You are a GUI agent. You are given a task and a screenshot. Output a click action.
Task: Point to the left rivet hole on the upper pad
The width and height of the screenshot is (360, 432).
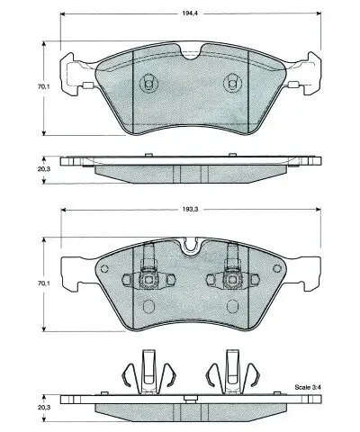(x=147, y=82)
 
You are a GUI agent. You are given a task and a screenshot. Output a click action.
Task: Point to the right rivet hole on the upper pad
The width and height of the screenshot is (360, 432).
(x=230, y=82)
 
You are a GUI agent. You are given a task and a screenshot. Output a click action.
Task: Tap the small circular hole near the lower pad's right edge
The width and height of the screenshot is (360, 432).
(x=272, y=271)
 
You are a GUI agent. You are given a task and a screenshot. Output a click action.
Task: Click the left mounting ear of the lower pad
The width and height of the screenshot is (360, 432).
(x=72, y=265)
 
